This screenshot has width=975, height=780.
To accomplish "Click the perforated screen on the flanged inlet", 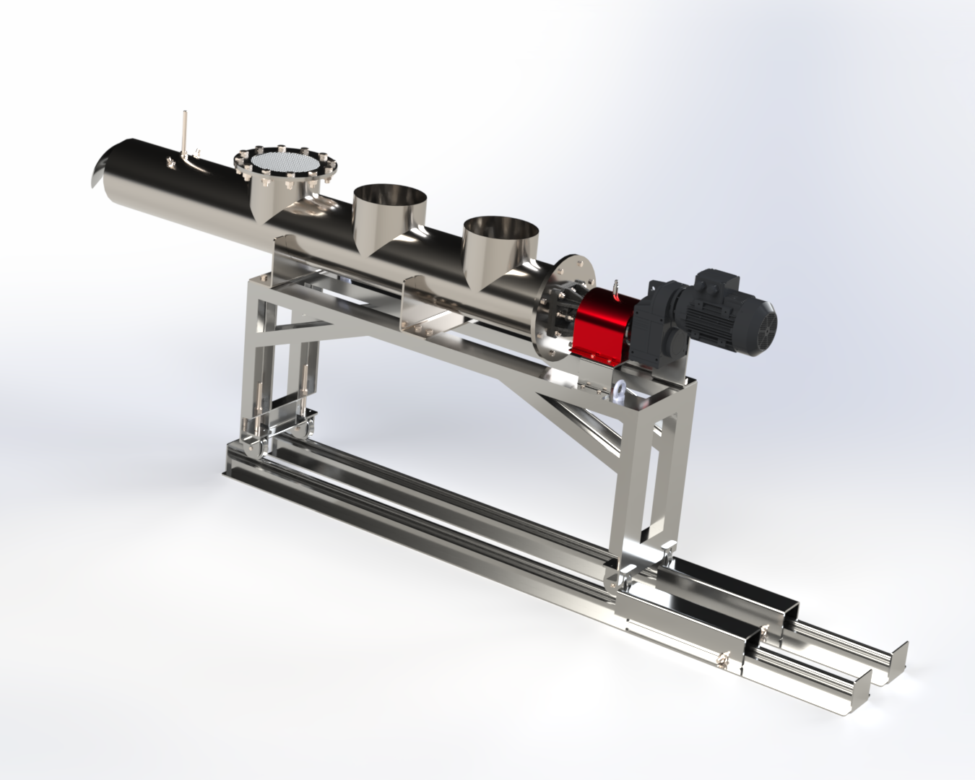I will tap(278, 163).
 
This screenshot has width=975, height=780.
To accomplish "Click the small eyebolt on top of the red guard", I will tap(616, 287).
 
